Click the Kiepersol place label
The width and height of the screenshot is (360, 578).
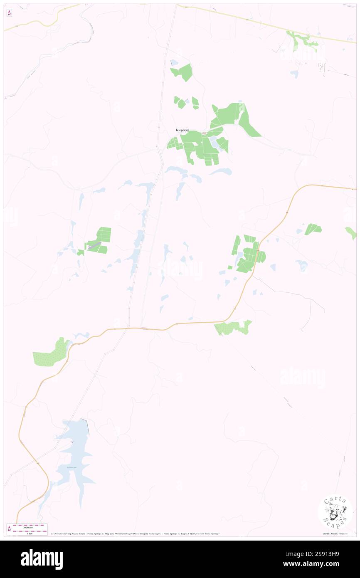[182, 130]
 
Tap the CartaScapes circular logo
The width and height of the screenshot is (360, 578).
[335, 512]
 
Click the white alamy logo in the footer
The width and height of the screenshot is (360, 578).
[42, 559]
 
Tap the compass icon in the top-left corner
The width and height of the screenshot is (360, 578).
[9, 13]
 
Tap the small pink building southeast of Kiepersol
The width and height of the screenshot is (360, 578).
[205, 133]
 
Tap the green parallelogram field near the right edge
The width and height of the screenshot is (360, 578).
[313, 229]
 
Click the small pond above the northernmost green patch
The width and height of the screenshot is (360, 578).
[174, 63]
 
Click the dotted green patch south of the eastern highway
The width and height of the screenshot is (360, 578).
[234, 328]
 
